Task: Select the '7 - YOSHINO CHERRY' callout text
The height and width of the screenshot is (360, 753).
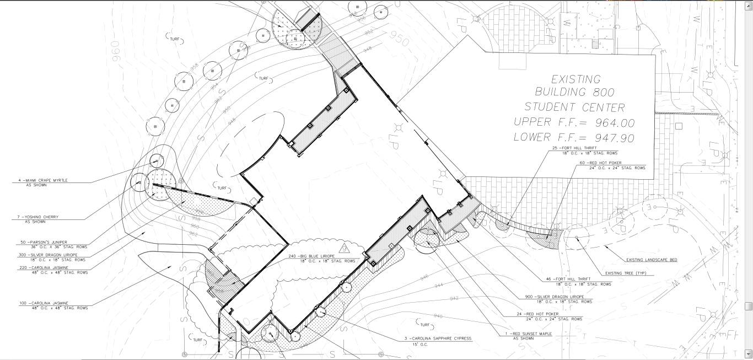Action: coord(38,217)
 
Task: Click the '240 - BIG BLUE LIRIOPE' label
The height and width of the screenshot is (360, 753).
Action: coord(311,256)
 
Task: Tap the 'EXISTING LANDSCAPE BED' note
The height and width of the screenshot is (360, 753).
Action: coord(652,260)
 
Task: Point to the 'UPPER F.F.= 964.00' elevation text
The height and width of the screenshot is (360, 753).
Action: coord(574,122)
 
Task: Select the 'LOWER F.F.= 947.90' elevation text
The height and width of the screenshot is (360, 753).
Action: coord(574,137)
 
